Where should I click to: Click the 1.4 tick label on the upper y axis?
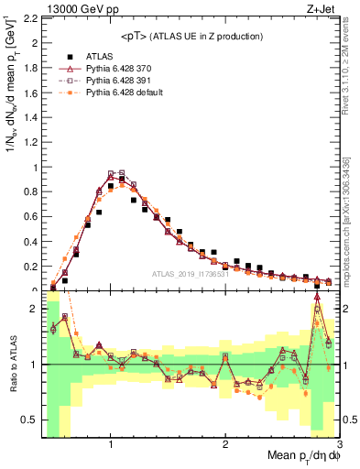click(29, 117)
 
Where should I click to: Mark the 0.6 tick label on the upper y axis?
click(29, 217)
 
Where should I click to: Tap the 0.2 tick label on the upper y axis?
click(29, 267)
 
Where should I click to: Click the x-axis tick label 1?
click(111, 445)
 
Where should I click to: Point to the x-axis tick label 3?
click(338, 445)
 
